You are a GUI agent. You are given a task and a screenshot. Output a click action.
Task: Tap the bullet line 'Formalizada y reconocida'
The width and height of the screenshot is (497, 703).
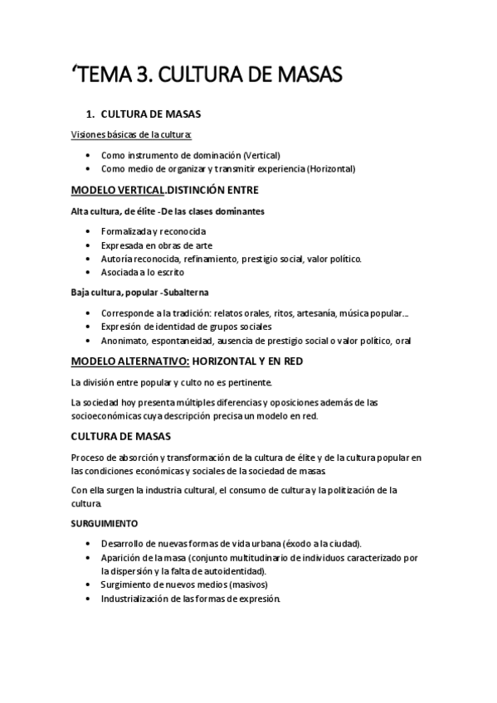(153, 231)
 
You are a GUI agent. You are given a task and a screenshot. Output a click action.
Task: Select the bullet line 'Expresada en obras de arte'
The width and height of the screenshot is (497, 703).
(157, 245)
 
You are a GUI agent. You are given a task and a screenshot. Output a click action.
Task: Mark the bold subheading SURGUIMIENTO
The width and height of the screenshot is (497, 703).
(105, 524)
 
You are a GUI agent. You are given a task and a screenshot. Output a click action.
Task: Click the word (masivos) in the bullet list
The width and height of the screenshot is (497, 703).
(249, 585)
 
